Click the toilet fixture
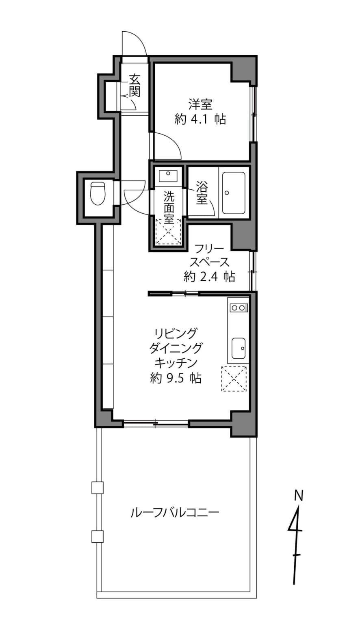pos(98,193)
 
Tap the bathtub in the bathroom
pos(234,193)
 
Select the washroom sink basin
pos(168,175)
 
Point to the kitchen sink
pos(239,349)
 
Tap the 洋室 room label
pos(200,104)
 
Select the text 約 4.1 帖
pos(200,119)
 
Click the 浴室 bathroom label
pos(202,193)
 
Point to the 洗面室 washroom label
pos(169,208)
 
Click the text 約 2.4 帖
pos(209,276)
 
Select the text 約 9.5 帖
pos(176,378)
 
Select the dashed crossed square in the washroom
pos(168,232)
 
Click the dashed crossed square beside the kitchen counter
pos(234,379)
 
